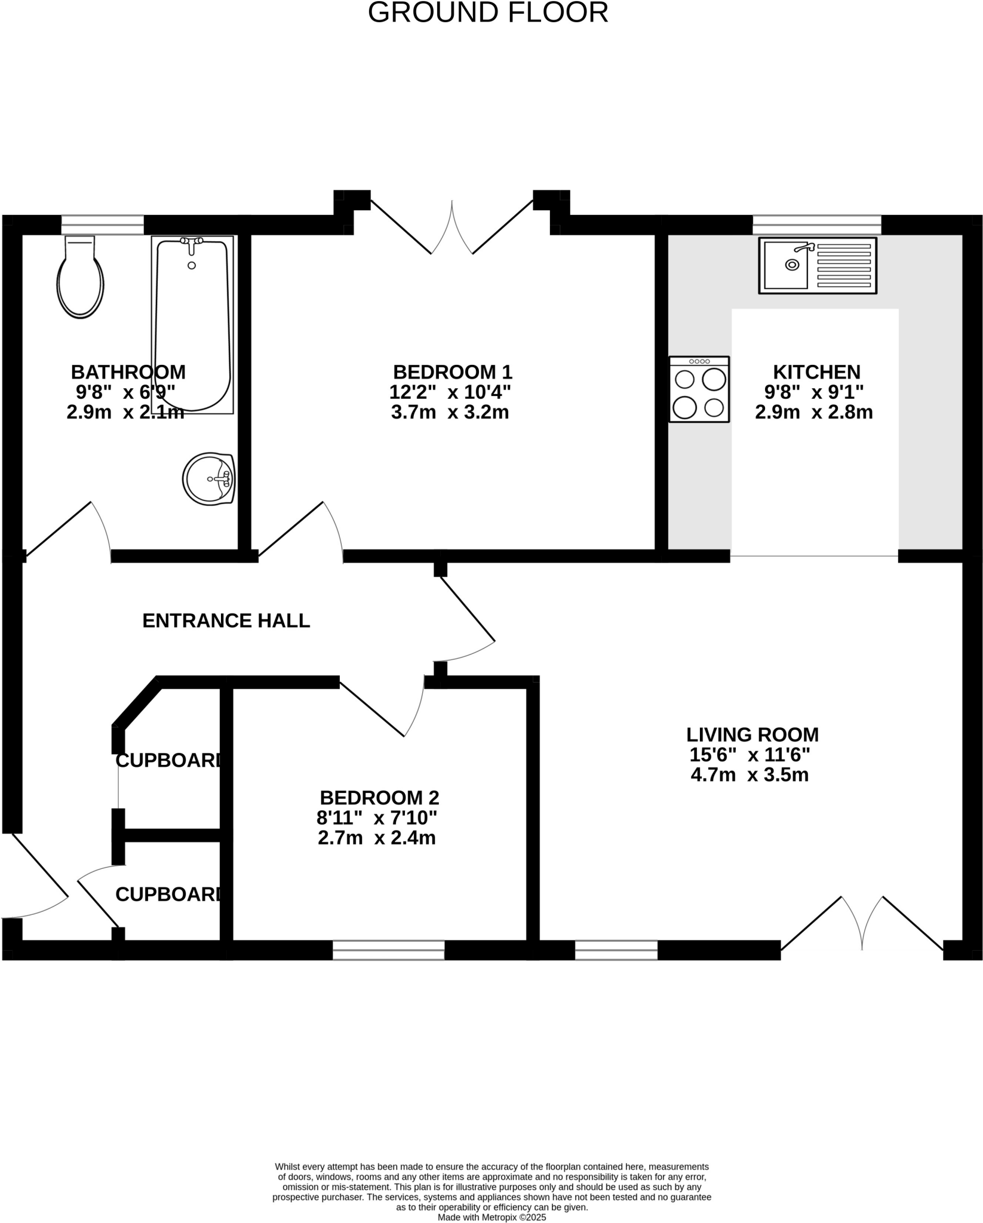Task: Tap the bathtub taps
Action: (192, 242)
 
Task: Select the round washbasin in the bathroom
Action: (208, 478)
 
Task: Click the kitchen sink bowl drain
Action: (792, 265)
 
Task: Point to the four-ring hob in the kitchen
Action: (699, 389)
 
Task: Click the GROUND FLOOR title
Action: (488, 13)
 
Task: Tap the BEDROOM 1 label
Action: (452, 372)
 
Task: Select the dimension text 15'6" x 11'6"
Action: (749, 755)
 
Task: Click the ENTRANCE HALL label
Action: (226, 621)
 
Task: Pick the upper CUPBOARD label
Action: (169, 761)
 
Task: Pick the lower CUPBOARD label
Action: (169, 894)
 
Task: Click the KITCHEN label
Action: (816, 372)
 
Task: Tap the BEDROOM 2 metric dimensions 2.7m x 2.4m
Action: (376, 838)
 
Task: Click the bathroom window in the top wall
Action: (103, 225)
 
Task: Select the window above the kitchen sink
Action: (816, 225)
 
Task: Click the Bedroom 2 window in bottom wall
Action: (388, 949)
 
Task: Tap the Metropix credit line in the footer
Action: (491, 1217)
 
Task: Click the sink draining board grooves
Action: (843, 265)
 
